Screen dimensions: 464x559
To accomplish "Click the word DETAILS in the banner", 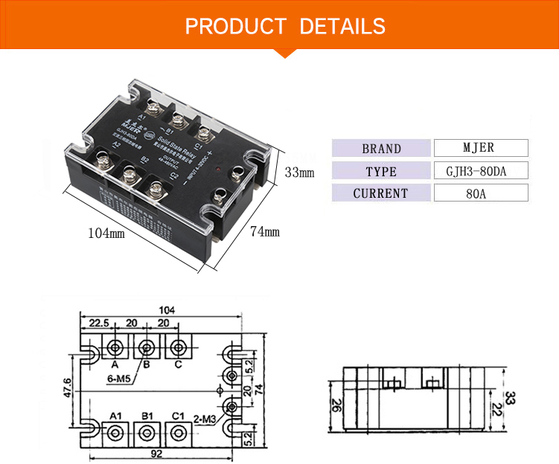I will [342, 27].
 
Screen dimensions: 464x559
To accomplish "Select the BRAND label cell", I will [381, 148].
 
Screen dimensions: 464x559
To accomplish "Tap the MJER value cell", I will [480, 148].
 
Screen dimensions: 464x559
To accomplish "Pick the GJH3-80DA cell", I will [480, 171].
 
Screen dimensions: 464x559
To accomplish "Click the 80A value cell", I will [480, 193].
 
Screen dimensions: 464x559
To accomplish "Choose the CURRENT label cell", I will [381, 193].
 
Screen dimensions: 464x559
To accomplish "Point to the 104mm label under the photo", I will [106, 233].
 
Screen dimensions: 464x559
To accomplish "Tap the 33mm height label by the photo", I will [300, 173].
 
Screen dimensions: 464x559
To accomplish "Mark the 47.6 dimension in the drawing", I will [66, 388].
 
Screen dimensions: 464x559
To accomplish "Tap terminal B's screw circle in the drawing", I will [147, 347].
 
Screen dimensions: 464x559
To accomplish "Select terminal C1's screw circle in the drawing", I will [177, 432].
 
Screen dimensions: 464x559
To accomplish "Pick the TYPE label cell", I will [381, 171].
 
